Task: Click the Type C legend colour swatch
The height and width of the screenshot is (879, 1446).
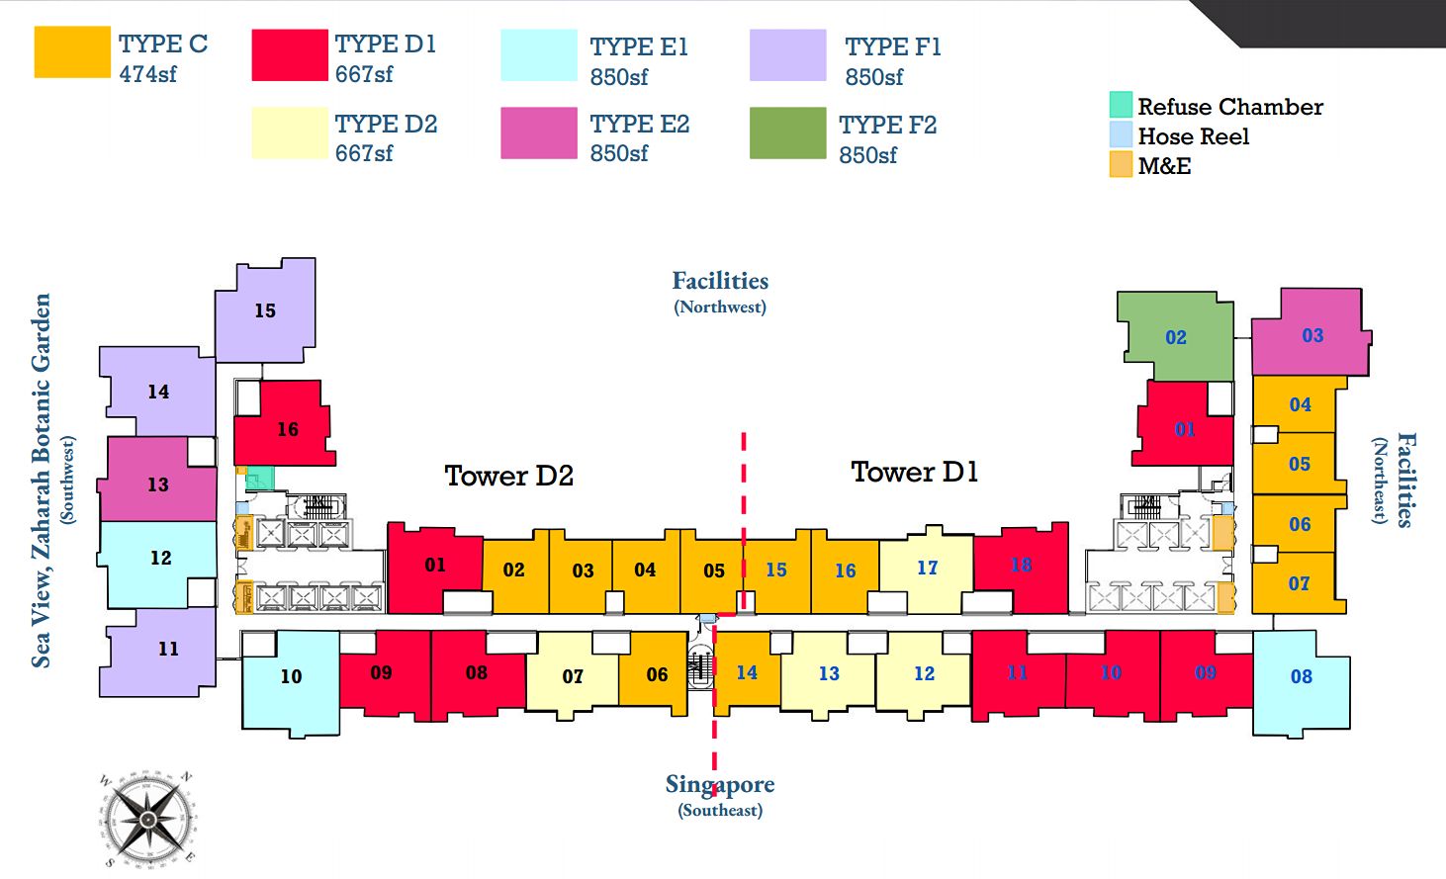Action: [x=72, y=51]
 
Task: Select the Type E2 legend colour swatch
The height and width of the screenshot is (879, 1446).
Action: [x=538, y=133]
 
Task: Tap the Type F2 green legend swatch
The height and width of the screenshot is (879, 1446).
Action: [x=787, y=133]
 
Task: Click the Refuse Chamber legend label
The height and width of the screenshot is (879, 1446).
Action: [x=1229, y=107]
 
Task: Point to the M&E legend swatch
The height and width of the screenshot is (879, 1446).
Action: [x=1120, y=165]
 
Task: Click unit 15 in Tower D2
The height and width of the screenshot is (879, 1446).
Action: [x=265, y=310]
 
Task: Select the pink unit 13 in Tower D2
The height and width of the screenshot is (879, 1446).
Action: [x=158, y=484]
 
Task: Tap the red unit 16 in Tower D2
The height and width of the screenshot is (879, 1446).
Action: [x=286, y=428]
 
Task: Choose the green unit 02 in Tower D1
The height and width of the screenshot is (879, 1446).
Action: [x=1175, y=337]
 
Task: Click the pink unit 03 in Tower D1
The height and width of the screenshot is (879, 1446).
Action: [x=1311, y=335]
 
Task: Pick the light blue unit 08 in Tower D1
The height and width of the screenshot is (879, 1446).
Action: [x=1301, y=677]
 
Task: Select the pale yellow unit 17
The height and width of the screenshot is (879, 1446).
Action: [x=927, y=569]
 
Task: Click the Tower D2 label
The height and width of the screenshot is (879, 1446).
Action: [x=508, y=476]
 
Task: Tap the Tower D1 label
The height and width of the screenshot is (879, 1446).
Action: [x=914, y=472]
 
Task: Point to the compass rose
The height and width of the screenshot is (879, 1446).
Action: [x=146, y=820]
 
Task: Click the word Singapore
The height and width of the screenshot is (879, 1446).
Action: [x=719, y=784]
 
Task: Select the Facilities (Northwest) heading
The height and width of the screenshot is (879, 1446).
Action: [x=720, y=282]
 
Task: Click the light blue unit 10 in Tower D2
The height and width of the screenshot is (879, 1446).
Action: [x=291, y=677]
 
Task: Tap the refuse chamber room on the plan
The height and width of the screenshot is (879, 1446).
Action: [x=259, y=478]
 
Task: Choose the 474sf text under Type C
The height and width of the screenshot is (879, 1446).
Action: [x=148, y=74]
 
